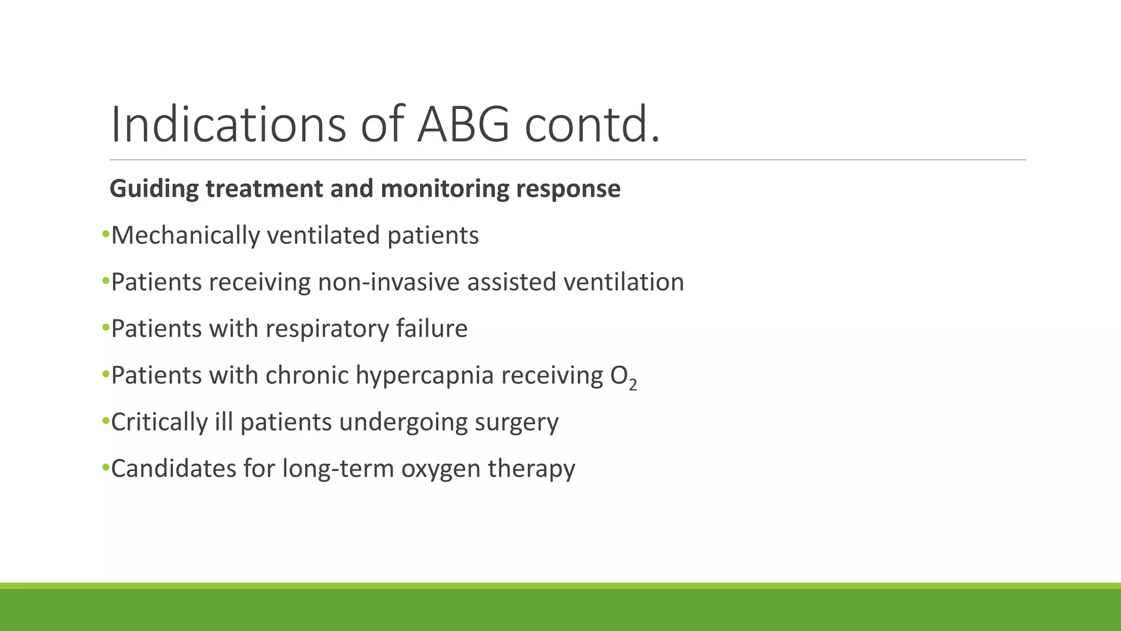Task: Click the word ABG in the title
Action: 463,125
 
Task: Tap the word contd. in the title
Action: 592,125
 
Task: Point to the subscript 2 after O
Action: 633,385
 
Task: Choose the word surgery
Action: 516,422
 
